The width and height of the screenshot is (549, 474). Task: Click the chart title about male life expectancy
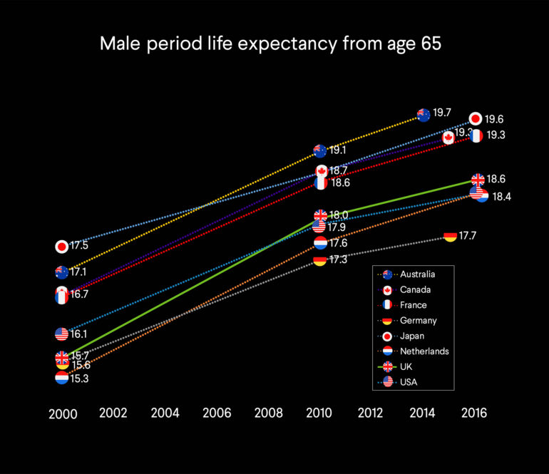(270, 44)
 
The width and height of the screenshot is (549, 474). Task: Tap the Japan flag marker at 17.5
(62, 247)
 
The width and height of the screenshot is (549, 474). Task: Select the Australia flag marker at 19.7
(424, 115)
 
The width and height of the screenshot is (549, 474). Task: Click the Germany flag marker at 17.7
(450, 236)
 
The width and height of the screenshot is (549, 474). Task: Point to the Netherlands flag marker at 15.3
(62, 378)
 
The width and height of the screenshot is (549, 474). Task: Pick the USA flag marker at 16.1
(62, 334)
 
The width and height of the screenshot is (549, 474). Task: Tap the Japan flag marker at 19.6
(476, 119)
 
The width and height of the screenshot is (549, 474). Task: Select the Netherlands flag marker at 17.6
(321, 243)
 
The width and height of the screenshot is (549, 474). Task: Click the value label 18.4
(502, 197)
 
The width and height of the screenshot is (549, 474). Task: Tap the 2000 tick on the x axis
(62, 414)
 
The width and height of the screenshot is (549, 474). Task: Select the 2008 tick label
(269, 412)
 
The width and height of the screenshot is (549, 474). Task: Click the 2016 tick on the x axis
(476, 412)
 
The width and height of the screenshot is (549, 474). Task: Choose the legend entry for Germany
(418, 321)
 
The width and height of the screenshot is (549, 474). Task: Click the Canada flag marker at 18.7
(322, 171)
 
